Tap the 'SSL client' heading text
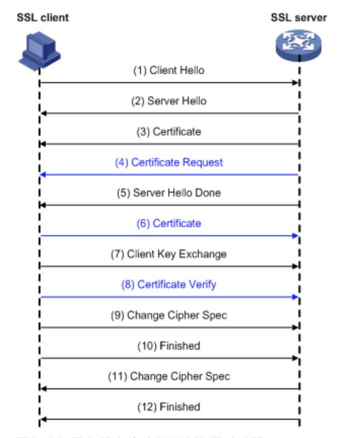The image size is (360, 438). click(43, 18)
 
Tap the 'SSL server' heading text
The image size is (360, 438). click(299, 18)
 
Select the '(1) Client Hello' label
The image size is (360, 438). click(169, 70)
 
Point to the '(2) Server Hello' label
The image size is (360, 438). click(169, 101)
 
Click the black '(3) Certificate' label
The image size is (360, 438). click(169, 132)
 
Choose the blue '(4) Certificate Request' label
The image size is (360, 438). click(169, 162)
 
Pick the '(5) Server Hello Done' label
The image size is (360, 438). click(169, 193)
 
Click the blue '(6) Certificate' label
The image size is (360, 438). click(169, 224)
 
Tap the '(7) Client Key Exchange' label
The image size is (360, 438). click(169, 254)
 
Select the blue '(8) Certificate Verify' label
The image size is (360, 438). click(169, 284)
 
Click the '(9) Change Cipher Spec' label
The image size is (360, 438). click(169, 315)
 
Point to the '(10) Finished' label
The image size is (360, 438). click(169, 346)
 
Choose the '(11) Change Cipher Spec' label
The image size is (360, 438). click(169, 376)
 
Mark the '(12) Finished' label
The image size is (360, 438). click(169, 407)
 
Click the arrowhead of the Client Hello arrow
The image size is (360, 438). click(295, 82)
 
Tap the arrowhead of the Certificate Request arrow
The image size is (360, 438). click(44, 174)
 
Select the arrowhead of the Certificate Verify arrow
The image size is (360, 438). click(295, 297)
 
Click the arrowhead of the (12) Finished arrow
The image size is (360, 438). click(44, 419)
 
